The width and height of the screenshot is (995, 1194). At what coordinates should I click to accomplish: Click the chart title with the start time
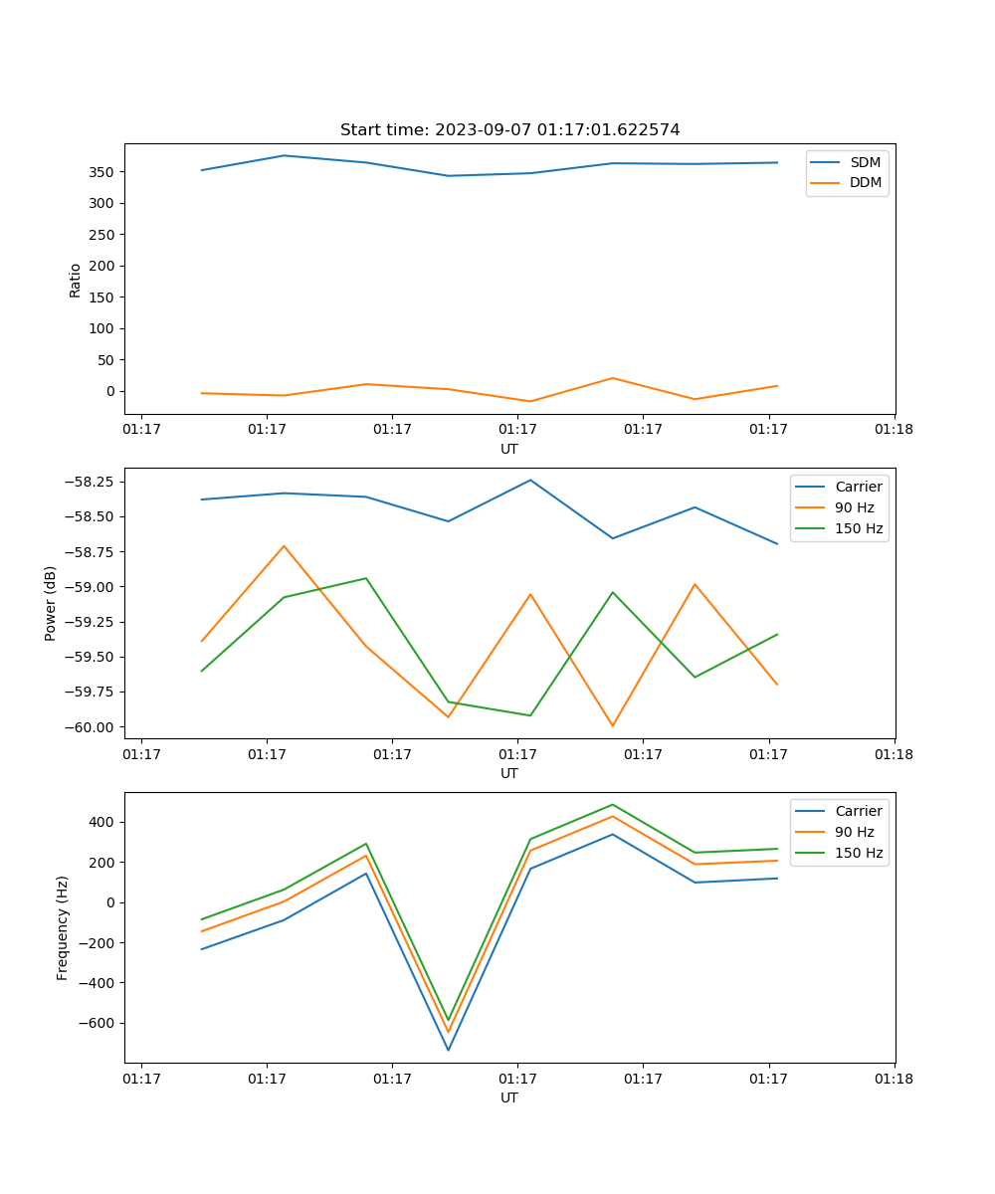[509, 130]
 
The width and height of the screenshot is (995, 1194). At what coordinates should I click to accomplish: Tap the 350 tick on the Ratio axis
[103, 172]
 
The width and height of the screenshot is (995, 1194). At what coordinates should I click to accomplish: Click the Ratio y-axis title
[76, 280]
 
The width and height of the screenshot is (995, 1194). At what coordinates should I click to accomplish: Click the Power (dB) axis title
[51, 603]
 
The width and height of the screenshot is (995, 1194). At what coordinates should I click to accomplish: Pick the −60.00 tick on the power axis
[88, 727]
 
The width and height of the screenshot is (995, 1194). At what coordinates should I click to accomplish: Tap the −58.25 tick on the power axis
[88, 482]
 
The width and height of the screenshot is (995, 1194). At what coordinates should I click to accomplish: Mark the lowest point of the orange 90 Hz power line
[613, 725]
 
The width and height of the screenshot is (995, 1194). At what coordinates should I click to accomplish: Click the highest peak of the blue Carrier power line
[530, 481]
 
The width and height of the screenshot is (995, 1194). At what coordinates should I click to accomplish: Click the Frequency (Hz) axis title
[63, 927]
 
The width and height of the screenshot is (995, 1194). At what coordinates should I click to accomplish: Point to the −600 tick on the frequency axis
[97, 1023]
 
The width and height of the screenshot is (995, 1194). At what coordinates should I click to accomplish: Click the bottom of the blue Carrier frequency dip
[448, 1050]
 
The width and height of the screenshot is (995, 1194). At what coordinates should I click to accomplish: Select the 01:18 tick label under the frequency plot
[894, 1078]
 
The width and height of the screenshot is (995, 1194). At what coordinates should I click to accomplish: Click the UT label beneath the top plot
[509, 449]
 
